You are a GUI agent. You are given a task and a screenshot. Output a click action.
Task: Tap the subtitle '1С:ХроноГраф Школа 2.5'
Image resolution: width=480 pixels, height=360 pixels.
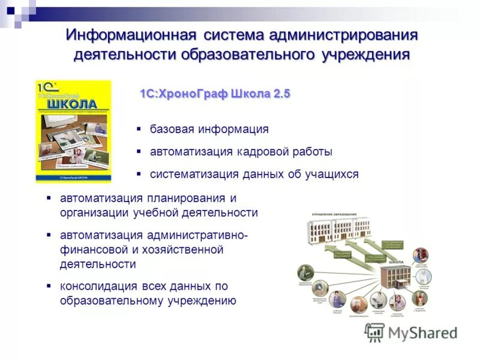pos(215,94)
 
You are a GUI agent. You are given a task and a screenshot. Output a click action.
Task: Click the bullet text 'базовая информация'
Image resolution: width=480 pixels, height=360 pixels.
pos(209,129)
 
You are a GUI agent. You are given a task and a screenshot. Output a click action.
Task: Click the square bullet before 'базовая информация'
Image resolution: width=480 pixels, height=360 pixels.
pos(139,128)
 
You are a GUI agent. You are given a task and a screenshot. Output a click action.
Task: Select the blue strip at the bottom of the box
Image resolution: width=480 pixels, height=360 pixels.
pos(73,178)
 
